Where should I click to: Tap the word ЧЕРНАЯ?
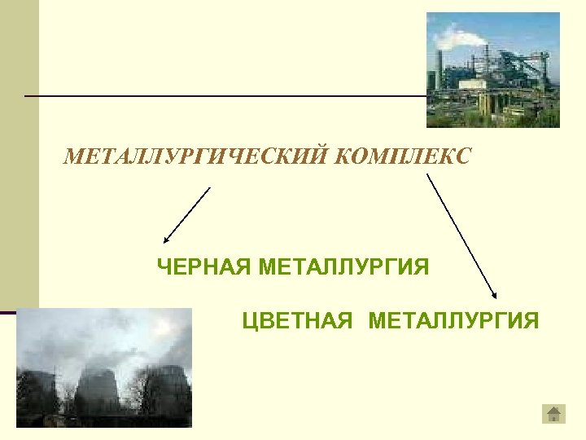[203, 266]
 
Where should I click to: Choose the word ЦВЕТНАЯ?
[297, 320]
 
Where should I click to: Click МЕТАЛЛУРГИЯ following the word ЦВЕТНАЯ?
[453, 320]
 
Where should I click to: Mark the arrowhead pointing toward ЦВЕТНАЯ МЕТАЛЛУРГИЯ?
[494, 295]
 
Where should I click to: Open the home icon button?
[554, 414]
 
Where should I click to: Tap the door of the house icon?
[554, 418]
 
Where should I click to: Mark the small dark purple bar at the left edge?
[8, 311]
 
